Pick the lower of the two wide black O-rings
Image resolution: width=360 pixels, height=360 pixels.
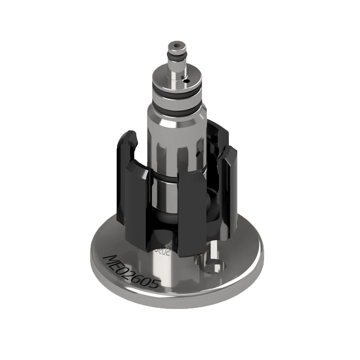[x=176, y=107]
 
